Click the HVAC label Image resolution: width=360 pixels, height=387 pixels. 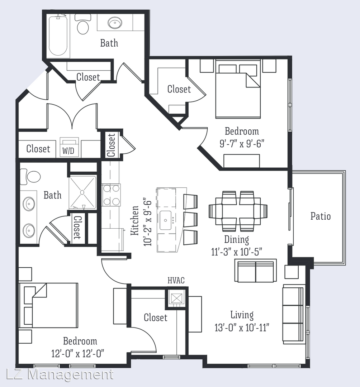(x=176, y=280)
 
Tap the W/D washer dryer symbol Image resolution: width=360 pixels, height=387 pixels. (x=70, y=147)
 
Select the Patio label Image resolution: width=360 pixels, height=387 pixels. (x=321, y=216)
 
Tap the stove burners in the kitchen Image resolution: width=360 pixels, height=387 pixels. (x=111, y=195)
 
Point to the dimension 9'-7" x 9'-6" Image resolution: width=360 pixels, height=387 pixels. (x=242, y=143)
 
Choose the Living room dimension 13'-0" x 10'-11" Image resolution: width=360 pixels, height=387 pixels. (x=242, y=328)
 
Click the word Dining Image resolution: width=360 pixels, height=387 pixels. (x=237, y=239)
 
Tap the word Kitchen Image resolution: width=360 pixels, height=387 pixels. (x=134, y=220)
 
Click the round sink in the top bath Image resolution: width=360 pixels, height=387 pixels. (x=115, y=23)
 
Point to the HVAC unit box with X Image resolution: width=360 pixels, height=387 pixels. (x=176, y=298)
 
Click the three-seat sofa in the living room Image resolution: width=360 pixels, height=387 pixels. (x=293, y=314)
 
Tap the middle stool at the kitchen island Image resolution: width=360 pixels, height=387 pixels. (x=191, y=219)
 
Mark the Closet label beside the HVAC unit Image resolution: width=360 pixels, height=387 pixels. (x=156, y=317)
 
